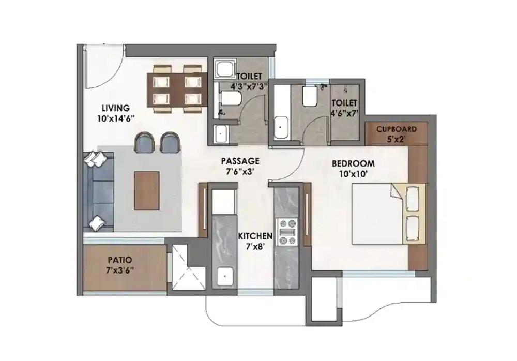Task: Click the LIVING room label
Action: pos(115,108)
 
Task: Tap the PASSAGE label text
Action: pos(238,161)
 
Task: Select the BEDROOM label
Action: pos(353,164)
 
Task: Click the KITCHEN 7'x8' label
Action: pos(255,236)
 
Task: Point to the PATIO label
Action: pos(120,260)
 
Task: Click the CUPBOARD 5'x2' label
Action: pos(396,129)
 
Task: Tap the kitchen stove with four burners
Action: pos(288,231)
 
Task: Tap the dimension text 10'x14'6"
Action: pos(115,118)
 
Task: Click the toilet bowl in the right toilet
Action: pos(310,96)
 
